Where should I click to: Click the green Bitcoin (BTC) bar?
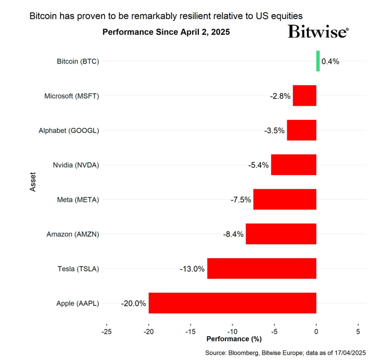coord(318,61)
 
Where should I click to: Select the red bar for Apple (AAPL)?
coord(232,303)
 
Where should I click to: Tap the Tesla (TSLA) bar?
coord(261,269)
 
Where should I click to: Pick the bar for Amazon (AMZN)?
coord(281,234)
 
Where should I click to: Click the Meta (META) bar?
coord(284,199)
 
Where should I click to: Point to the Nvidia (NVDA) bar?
coord(293,165)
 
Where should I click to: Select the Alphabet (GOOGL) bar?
coord(301,130)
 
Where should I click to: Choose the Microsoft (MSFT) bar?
coord(304,96)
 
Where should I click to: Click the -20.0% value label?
coord(133,304)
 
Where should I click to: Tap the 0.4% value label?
coord(330,62)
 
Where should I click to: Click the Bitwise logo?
coord(318,32)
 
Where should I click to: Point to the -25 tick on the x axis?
coord(106,331)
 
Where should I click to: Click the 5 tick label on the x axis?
coord(358,331)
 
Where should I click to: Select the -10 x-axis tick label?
coord(232,331)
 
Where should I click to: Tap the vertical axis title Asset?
coord(33,183)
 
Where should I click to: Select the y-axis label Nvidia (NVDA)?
coord(76,165)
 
